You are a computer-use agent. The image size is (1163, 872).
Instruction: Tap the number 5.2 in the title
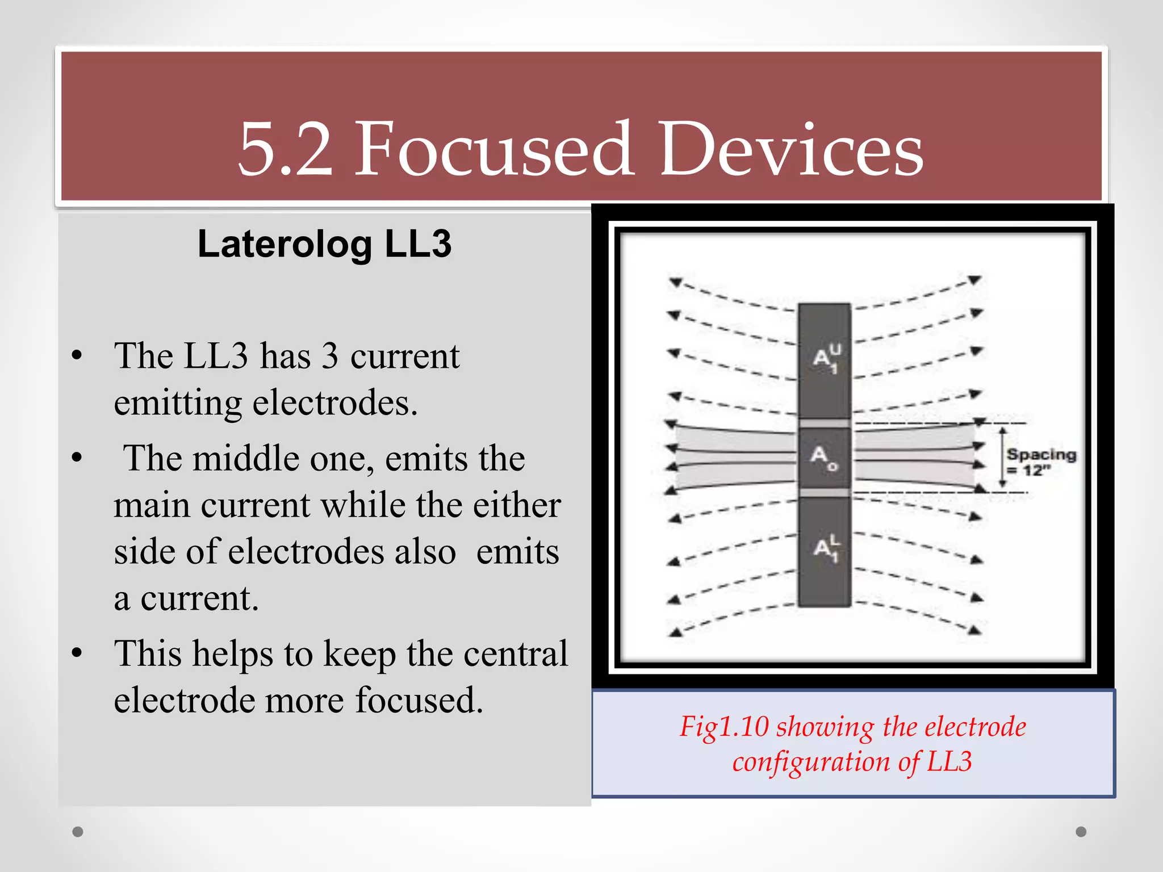tap(285, 150)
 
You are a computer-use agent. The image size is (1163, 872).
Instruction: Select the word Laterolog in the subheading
tap(285, 245)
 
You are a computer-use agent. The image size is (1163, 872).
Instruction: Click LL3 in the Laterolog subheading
tap(418, 244)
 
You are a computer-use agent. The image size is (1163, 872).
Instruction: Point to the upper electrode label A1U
tap(826, 358)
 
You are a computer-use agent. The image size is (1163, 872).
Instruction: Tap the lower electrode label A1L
tap(826, 548)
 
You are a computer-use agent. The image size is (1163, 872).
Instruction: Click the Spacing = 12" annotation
tap(1040, 462)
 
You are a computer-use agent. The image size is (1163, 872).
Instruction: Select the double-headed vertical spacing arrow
tap(1003, 458)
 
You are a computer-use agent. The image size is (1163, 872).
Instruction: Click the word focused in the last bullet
tap(419, 700)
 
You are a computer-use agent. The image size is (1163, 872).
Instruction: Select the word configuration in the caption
tap(810, 762)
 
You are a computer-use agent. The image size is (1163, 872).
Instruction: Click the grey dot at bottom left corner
tap(78, 832)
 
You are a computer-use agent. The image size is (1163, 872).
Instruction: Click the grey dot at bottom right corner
tap(1081, 832)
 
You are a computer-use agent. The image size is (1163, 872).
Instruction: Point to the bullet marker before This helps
tap(77, 653)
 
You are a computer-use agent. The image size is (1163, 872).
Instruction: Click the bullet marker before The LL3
tap(77, 357)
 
